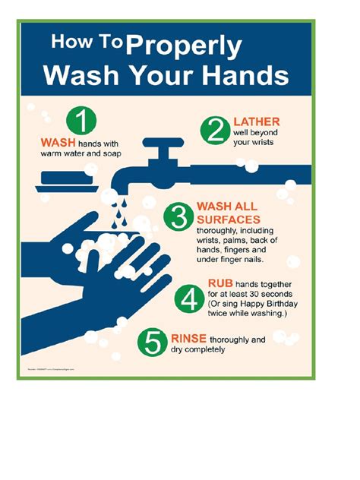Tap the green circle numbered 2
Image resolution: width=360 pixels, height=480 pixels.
(216, 131)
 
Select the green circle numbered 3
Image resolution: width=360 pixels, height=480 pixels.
(179, 217)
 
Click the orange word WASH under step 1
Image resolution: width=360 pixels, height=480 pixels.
(57, 142)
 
